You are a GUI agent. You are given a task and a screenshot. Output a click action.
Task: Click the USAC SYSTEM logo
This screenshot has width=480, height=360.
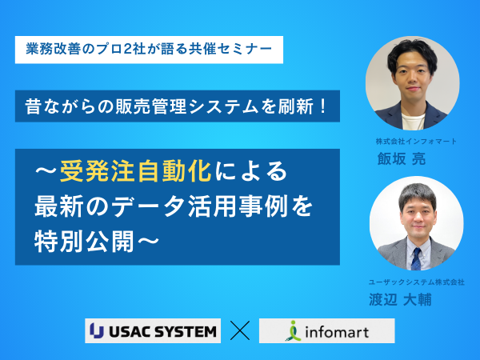[153, 330]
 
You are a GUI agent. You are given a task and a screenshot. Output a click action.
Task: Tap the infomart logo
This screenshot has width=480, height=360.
[327, 330]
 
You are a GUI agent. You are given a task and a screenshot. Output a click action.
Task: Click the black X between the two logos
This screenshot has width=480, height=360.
[240, 330]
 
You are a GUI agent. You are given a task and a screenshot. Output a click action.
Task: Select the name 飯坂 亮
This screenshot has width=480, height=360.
[402, 159]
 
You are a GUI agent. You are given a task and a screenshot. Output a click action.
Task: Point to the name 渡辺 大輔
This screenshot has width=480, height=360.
[400, 299]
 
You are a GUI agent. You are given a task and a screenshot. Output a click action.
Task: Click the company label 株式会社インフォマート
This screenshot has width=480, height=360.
[416, 142]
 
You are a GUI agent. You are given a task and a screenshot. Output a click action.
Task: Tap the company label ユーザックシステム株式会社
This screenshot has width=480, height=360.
[416, 282]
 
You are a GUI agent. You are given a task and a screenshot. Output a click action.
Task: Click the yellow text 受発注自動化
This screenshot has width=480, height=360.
[135, 171]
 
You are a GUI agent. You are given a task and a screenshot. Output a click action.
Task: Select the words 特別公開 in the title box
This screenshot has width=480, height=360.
[85, 242]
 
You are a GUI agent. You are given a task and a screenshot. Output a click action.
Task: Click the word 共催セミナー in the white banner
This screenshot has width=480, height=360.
[230, 50]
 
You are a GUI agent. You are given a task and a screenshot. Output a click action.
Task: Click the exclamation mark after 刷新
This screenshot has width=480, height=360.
[322, 106]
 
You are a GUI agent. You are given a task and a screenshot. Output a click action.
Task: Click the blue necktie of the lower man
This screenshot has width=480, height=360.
[416, 258]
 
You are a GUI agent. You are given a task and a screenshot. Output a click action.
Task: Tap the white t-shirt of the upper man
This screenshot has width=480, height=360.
[414, 122]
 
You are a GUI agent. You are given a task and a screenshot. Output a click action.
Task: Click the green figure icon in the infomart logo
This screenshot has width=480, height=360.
[294, 331]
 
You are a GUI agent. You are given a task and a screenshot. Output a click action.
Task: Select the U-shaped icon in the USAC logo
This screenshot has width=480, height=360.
[97, 330]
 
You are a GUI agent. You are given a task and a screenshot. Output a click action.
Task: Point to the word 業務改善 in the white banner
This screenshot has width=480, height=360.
[54, 50]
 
